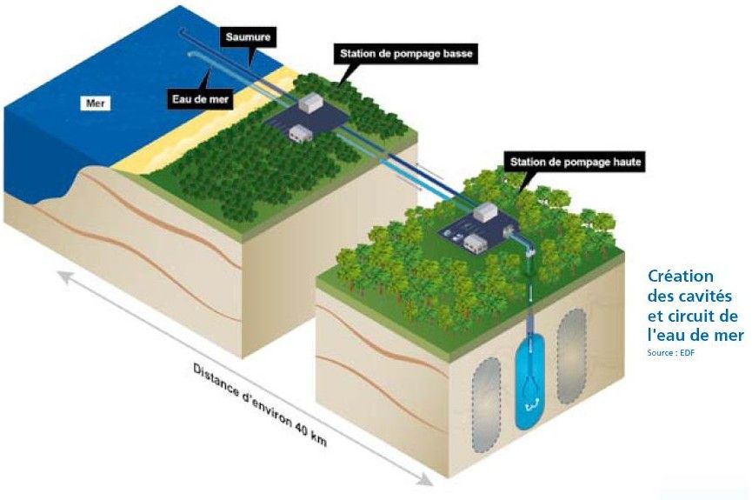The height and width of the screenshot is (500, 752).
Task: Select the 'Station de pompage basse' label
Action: (405, 55)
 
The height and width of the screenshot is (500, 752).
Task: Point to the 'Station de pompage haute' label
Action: (574, 161)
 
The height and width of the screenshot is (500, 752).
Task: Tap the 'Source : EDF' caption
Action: (671, 352)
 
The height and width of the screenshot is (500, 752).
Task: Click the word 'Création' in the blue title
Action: (681, 277)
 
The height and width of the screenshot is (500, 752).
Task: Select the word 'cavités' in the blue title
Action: (703, 296)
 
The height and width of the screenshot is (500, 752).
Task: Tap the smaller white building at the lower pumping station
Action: (301, 132)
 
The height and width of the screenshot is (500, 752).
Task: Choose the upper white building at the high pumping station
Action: (485, 211)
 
